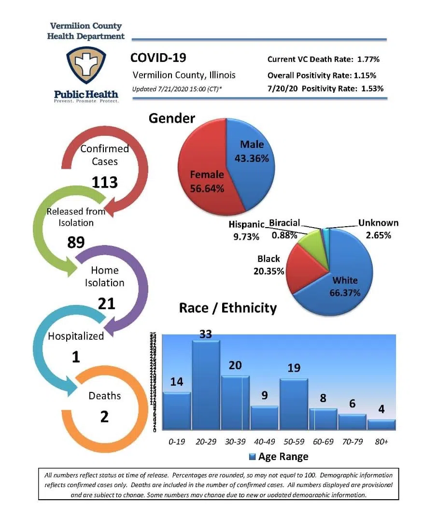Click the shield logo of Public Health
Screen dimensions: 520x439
tap(86, 66)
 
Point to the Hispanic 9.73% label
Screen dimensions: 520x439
tap(246, 231)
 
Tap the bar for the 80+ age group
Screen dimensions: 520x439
tap(382, 424)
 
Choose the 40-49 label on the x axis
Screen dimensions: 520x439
tap(265, 442)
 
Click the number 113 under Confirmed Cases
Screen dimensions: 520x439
tap(105, 182)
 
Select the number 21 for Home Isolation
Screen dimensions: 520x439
tap(106, 303)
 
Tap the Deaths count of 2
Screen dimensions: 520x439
tap(104, 416)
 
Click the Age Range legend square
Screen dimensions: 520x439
tap(252, 457)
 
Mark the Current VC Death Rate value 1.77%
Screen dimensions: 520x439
tap(368, 59)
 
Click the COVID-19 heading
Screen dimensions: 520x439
tap(158, 58)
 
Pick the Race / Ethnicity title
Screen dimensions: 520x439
tap(228, 308)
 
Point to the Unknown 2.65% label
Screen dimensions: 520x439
tap(378, 229)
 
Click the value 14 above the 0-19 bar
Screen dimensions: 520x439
tap(177, 382)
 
